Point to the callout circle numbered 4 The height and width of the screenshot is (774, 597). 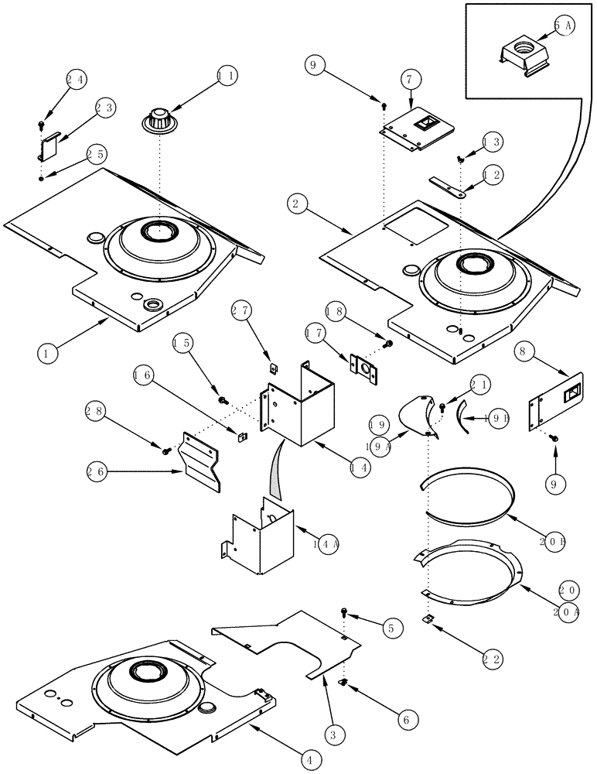coord(309,760)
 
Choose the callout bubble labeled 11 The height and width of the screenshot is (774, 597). coord(227,77)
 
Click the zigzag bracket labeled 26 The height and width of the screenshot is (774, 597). coord(200,459)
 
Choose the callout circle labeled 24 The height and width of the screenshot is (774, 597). coord(74,78)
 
